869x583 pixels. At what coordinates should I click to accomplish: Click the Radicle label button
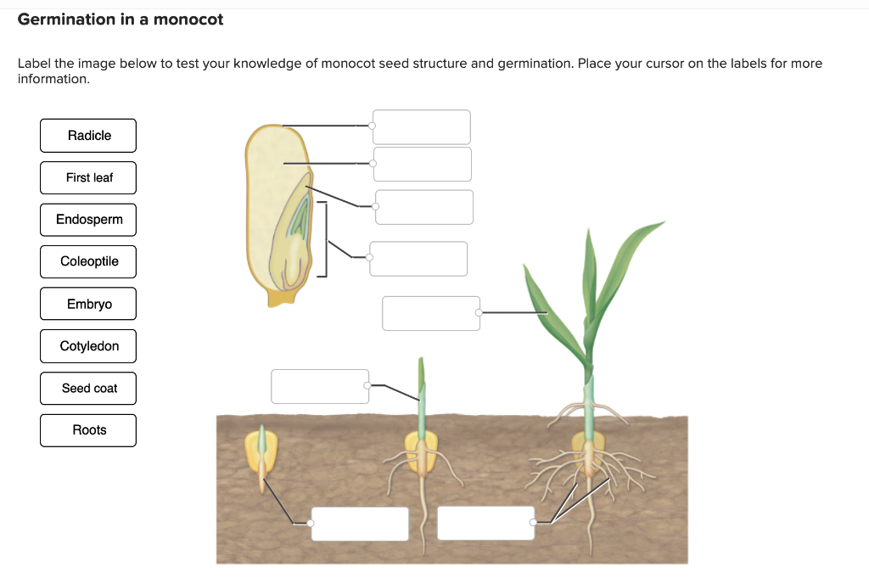pos(88,136)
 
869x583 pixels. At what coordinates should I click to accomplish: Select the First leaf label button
pos(88,177)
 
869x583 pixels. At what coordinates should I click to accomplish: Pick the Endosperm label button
pos(88,220)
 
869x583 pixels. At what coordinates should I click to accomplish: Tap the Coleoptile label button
pos(88,261)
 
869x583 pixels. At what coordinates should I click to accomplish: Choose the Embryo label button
pos(88,304)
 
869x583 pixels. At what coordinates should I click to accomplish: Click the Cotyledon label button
pos(88,346)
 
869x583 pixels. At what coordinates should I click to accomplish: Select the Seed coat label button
pos(88,388)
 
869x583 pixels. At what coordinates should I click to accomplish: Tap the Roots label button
pos(88,430)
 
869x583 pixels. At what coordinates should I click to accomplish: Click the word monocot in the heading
pos(188,20)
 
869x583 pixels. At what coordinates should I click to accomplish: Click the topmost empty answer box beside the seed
pos(422,126)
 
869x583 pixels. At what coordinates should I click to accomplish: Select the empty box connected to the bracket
pos(418,259)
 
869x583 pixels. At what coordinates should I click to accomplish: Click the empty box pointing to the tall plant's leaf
pos(431,313)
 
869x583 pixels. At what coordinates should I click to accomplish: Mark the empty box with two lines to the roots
pos(486,523)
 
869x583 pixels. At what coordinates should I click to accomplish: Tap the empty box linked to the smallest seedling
pos(360,524)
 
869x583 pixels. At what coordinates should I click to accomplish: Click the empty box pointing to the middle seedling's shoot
pos(320,386)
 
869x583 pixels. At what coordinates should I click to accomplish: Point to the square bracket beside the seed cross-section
pos(323,239)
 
